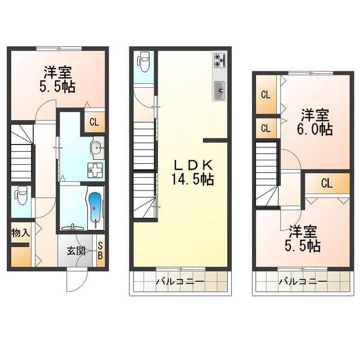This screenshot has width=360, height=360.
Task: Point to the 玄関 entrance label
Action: pos(77,251)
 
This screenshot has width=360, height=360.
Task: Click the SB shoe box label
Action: pos(100,251)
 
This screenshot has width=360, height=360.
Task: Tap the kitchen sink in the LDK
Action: pos(219,88)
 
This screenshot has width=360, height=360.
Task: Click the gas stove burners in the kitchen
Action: pos(219,59)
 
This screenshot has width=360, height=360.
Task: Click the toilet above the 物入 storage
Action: pos(21,196)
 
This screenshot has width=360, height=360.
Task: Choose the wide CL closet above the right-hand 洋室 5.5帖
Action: pos(326,182)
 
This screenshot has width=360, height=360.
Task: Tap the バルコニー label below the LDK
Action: pos(179,281)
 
